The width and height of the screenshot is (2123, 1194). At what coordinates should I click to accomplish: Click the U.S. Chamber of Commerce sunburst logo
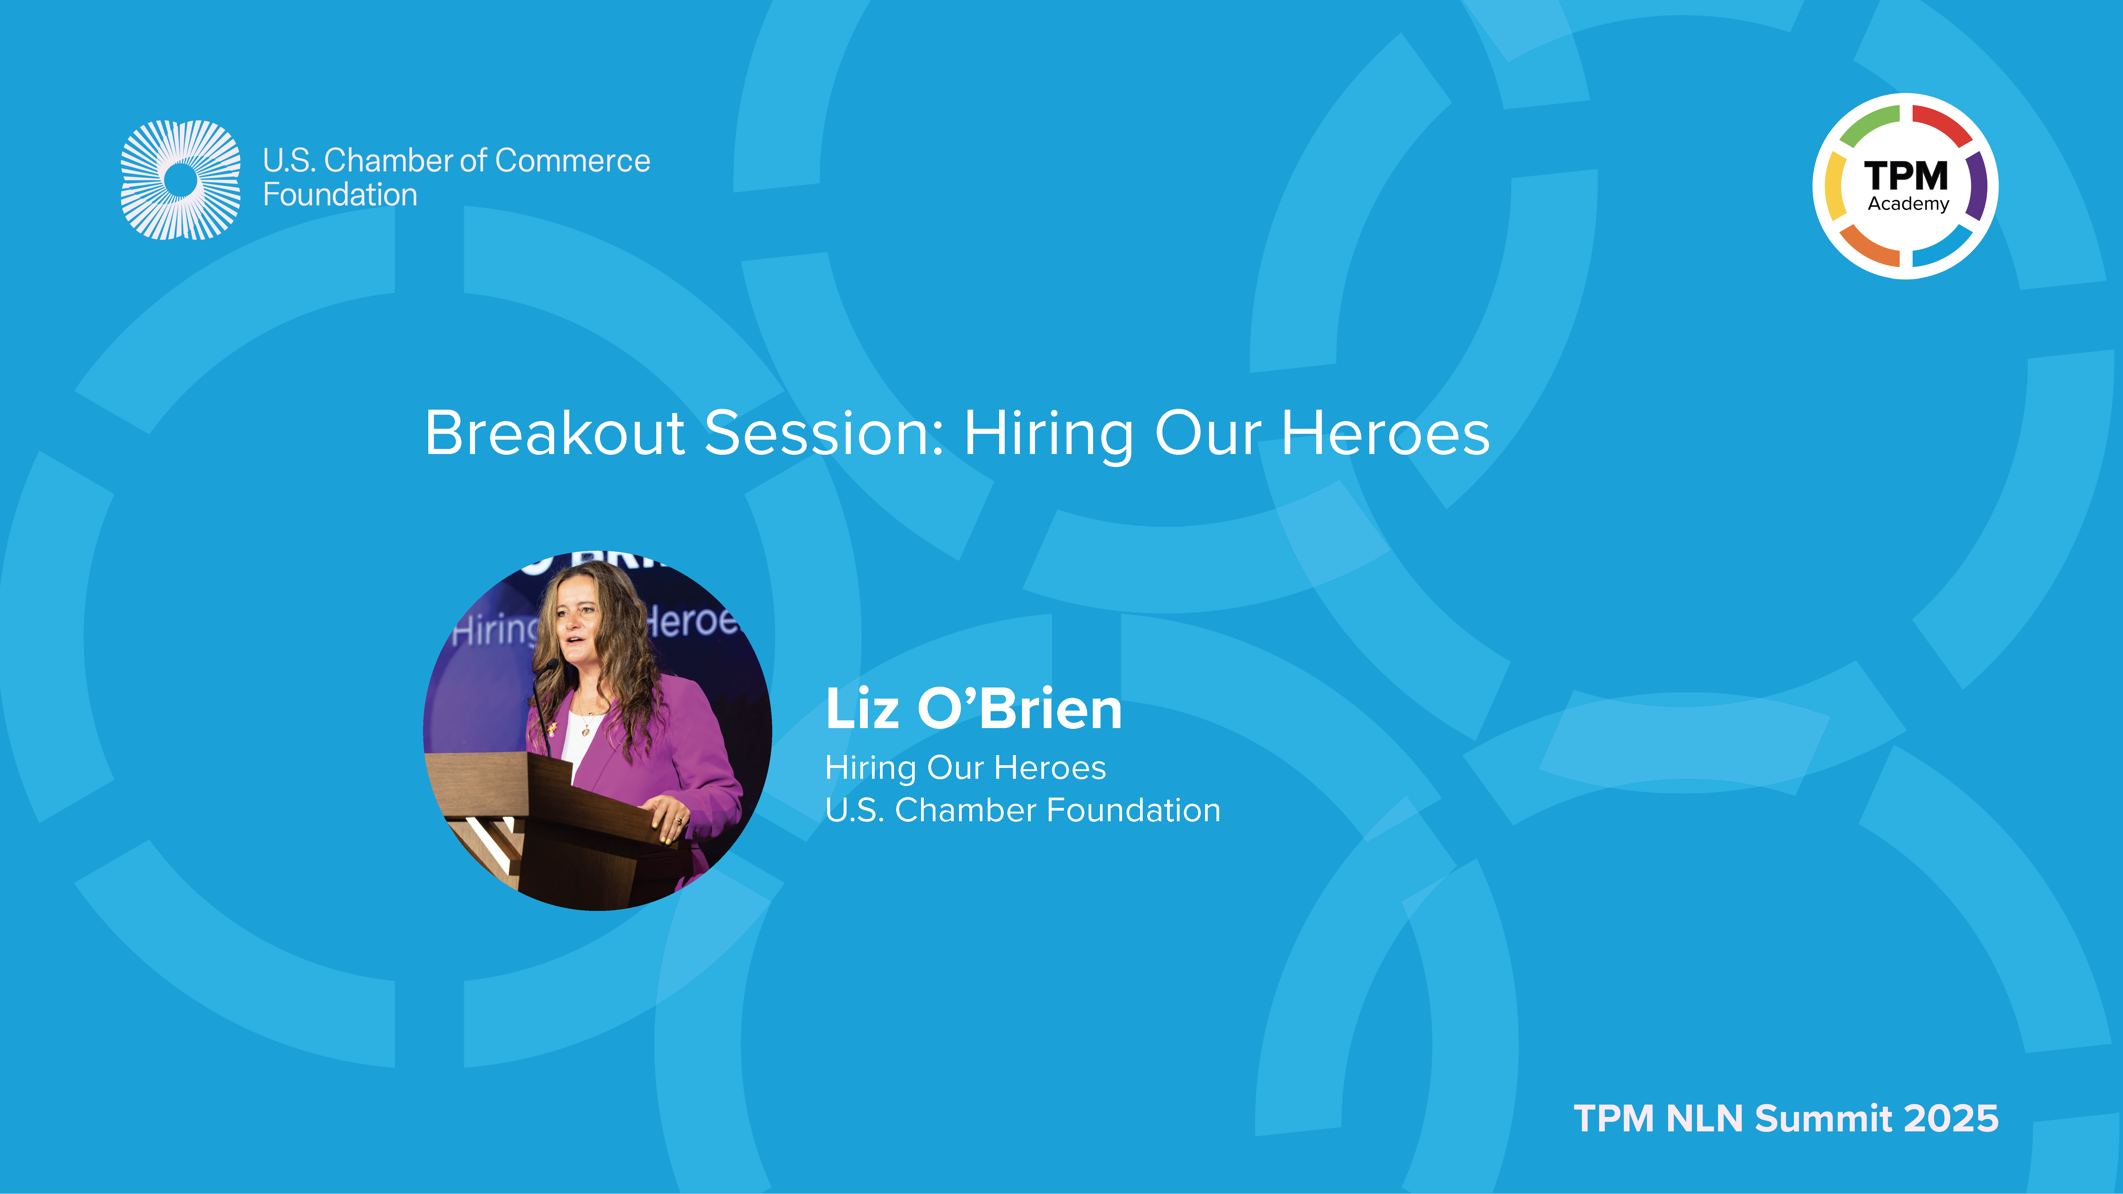coord(180,180)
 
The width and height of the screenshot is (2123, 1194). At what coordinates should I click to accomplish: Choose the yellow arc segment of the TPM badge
coord(1835,186)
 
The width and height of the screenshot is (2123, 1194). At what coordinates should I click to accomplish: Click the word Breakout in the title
coord(555,432)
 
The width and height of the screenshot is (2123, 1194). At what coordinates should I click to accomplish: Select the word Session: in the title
coord(824,432)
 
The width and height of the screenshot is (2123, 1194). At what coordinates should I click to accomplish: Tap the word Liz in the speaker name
coord(862,709)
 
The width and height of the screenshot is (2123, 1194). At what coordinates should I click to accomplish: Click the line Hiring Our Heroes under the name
coord(965,768)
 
